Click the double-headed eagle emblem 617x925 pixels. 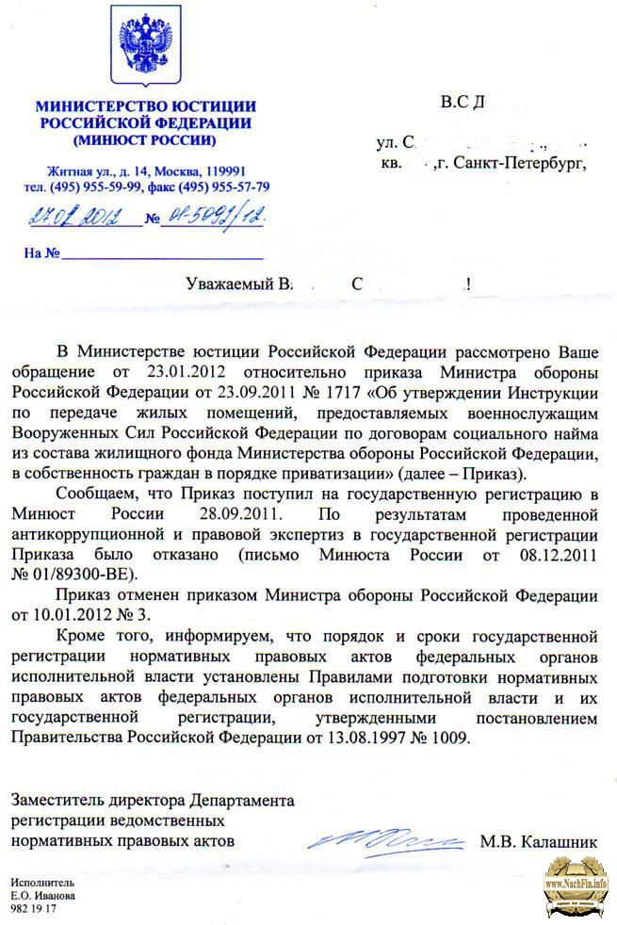(145, 47)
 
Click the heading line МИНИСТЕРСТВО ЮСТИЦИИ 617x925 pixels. (145, 105)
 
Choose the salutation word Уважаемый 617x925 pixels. (226, 283)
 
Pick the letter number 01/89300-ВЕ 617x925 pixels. (85, 574)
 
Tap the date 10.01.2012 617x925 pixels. (68, 617)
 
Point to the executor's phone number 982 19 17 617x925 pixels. (34, 911)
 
